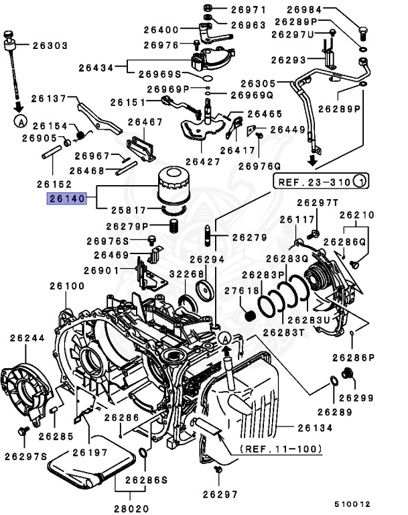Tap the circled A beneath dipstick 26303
[x=20, y=121]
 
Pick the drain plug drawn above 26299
[x=347, y=373]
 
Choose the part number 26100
[x=66, y=286]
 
